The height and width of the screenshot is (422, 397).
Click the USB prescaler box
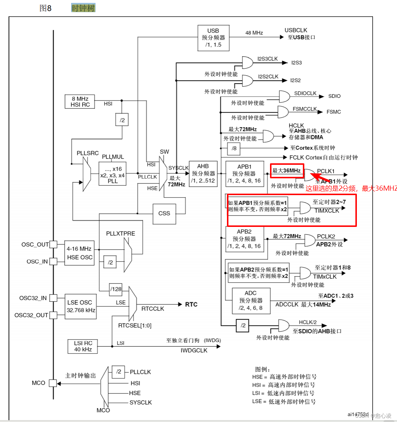213,38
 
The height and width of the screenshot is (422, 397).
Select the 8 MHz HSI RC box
80,102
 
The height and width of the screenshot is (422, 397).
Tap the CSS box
164,213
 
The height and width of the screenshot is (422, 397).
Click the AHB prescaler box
203,173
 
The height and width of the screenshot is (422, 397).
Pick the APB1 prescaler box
244,174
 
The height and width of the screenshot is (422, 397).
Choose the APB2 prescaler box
244,239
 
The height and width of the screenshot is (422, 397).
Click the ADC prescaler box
251,300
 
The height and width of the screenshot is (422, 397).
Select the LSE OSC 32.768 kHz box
81,306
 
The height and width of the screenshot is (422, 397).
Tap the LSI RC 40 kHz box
83,346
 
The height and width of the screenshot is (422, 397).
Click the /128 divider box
116,289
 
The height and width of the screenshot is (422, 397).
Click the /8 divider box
234,148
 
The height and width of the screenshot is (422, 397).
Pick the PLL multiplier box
112,174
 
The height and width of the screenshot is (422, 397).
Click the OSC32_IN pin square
53,298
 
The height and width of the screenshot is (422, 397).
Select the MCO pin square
53,383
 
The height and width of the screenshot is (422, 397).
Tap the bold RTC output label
191,304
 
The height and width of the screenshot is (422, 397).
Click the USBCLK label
296,30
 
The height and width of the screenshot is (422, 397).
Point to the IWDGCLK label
194,350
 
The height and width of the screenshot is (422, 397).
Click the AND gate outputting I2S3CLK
247,62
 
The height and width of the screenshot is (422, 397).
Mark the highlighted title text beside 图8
83,8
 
